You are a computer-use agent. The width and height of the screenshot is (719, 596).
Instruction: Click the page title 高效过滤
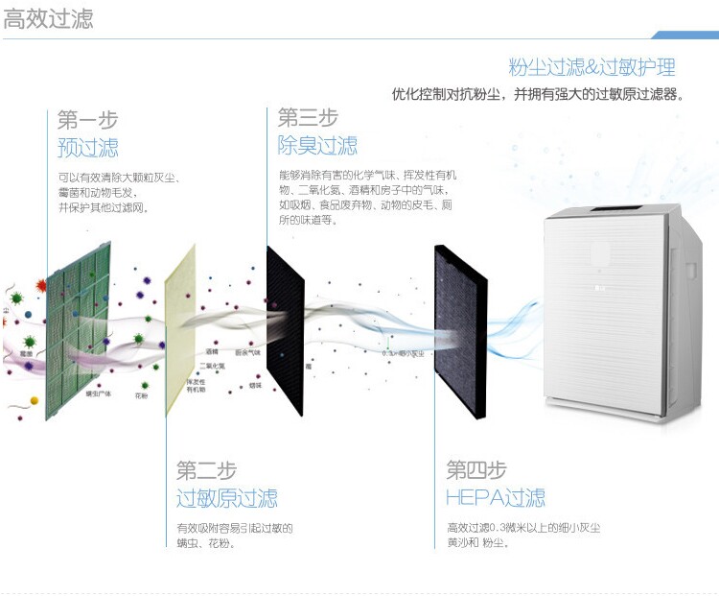pyautogui.click(x=49, y=20)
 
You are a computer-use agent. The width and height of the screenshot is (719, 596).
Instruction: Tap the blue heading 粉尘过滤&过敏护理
pyautogui.click(x=591, y=67)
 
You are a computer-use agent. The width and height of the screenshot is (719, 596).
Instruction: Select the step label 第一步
pyautogui.click(x=87, y=120)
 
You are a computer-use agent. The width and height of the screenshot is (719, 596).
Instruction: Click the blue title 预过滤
pyautogui.click(x=87, y=148)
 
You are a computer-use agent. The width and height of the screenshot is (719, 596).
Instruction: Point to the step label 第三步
pyautogui.click(x=308, y=118)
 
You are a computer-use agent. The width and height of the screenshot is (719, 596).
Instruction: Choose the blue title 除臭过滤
pyautogui.click(x=317, y=146)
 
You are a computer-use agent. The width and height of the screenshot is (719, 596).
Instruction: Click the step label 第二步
pyautogui.click(x=206, y=470)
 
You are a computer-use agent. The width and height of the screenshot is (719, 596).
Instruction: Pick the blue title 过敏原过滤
pyautogui.click(x=226, y=499)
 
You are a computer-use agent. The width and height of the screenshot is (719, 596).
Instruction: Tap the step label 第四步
pyautogui.click(x=475, y=470)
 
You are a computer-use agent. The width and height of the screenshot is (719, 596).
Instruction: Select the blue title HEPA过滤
pyautogui.click(x=496, y=498)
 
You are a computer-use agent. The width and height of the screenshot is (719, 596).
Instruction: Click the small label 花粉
pyautogui.click(x=141, y=394)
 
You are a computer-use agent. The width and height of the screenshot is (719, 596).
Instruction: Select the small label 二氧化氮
pyautogui.click(x=212, y=366)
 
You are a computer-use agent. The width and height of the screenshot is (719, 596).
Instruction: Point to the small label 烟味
pyautogui.click(x=255, y=385)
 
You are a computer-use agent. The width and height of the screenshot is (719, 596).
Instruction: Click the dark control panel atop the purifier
pyautogui.click(x=608, y=209)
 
